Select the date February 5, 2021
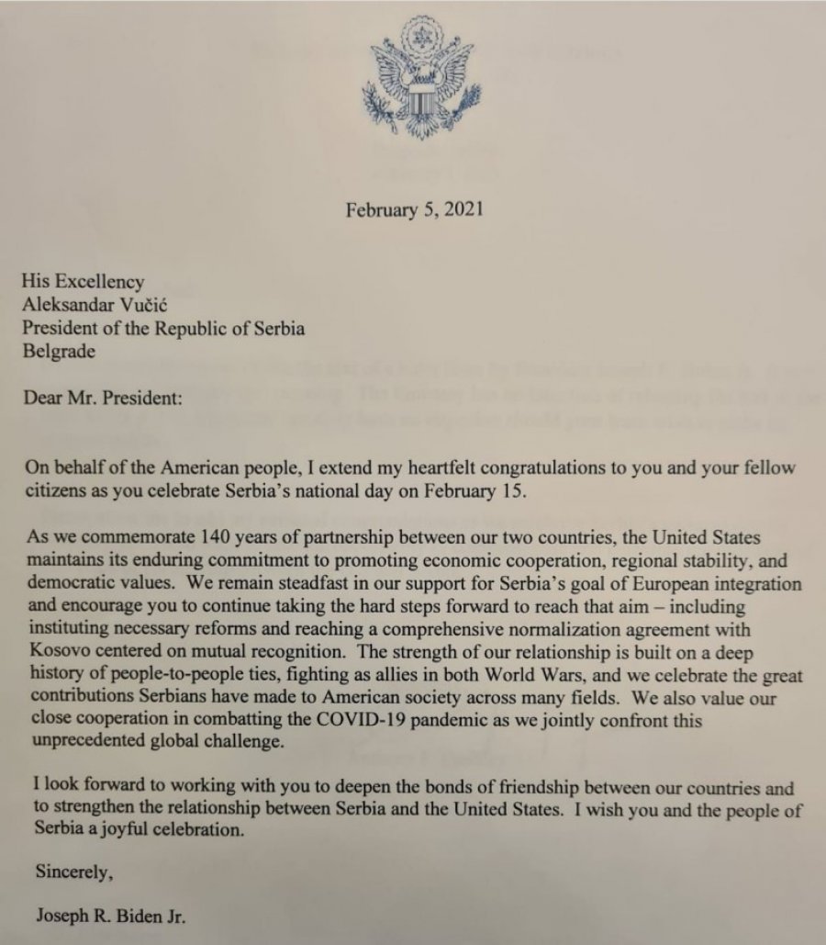414,209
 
